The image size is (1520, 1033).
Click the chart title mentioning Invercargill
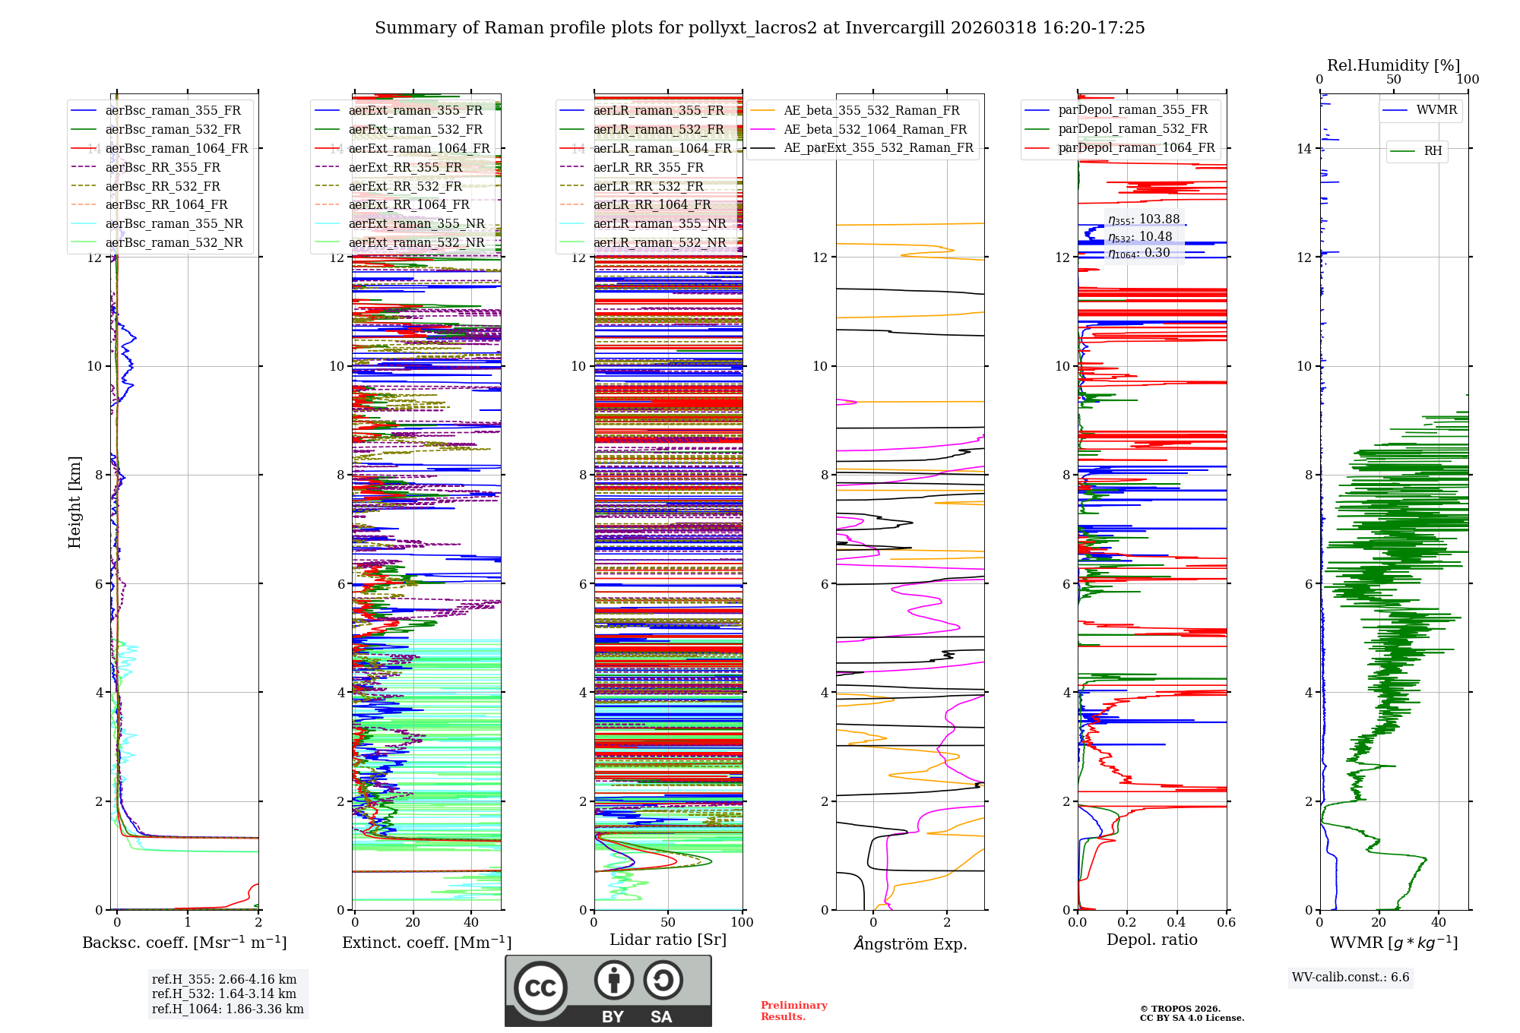coord(759,28)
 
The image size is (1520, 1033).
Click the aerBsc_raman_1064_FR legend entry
coord(176,148)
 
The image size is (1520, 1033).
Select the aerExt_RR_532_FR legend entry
coord(405,186)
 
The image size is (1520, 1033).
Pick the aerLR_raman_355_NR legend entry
coord(659,223)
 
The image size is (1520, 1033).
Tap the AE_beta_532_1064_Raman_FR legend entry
coord(875,129)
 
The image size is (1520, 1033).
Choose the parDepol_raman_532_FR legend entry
coord(1132,128)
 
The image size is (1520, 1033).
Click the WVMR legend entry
coord(1436,110)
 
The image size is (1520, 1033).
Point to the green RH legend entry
coord(1433,151)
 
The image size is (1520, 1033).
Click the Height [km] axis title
coord(74,501)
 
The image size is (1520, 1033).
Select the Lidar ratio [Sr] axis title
coord(667,940)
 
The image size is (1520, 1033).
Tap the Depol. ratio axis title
coord(1151,940)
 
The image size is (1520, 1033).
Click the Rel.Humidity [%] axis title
coord(1393,65)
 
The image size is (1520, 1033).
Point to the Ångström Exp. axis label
coord(910,943)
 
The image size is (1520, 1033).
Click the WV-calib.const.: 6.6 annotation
coord(1351,977)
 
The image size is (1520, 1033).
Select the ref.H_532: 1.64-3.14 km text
coord(223,994)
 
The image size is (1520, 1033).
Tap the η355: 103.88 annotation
coord(1144,220)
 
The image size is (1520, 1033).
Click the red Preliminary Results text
coord(793,1011)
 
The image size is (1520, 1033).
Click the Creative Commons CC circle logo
coord(540,988)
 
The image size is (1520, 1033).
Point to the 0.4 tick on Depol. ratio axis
coord(1176,922)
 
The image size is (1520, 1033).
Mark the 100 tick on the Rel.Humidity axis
coord(1468,80)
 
